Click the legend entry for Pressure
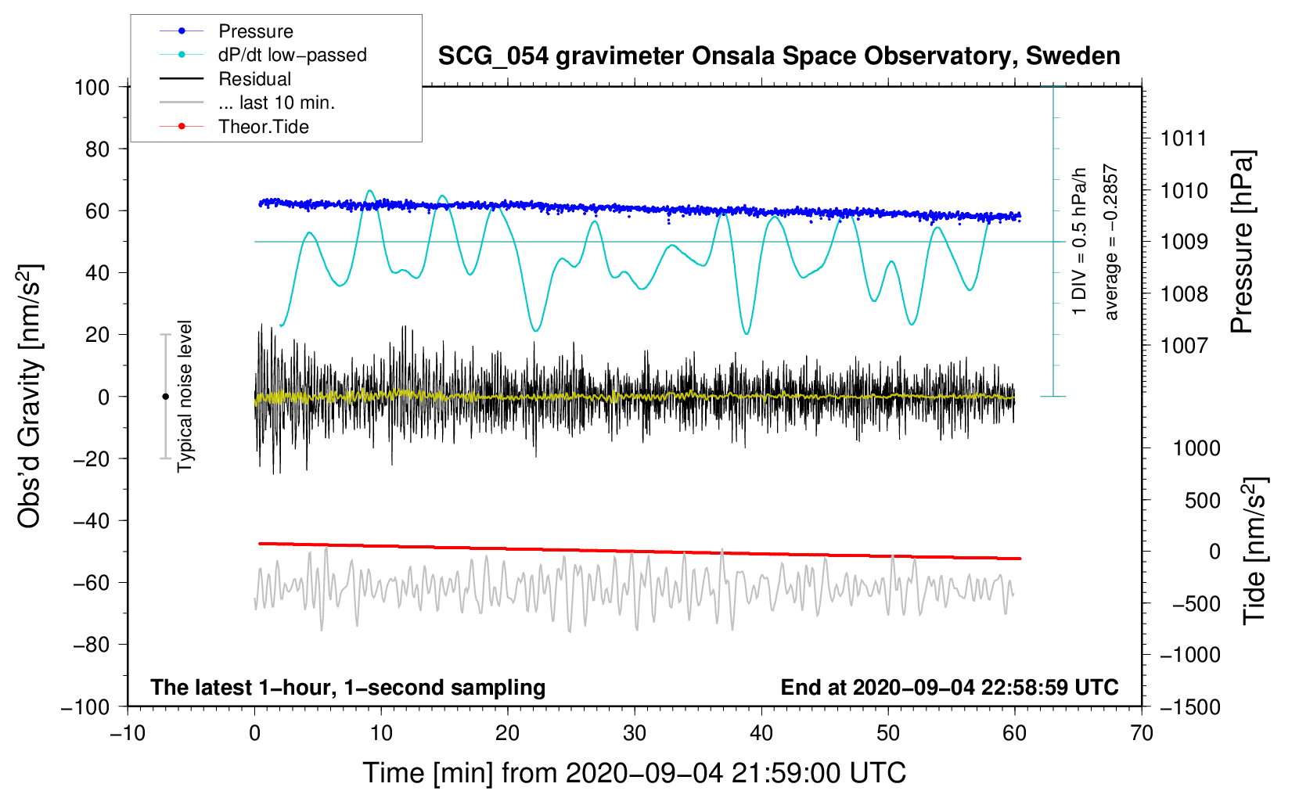(x=255, y=31)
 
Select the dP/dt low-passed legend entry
(x=292, y=55)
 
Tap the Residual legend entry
(x=254, y=79)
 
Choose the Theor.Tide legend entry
(x=263, y=127)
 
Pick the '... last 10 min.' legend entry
(x=276, y=102)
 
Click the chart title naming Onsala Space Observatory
(x=779, y=56)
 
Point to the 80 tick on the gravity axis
(x=98, y=149)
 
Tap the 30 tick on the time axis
(x=635, y=733)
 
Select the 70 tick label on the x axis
(x=1142, y=733)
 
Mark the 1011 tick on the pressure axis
(x=1184, y=138)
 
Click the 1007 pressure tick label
(x=1184, y=345)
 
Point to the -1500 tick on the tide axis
(x=1190, y=706)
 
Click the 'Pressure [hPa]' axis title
(x=1242, y=243)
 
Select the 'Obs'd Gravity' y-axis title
(x=30, y=396)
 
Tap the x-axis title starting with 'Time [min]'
(x=634, y=773)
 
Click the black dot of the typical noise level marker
(x=165, y=397)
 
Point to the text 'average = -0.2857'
(x=1111, y=243)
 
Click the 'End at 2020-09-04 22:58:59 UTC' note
(x=949, y=687)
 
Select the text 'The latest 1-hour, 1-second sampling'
(x=348, y=687)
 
